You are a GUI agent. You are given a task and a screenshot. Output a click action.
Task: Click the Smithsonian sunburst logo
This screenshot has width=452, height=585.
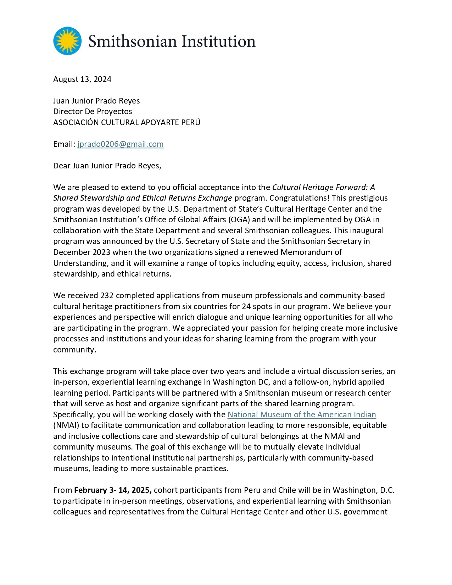tap(67, 41)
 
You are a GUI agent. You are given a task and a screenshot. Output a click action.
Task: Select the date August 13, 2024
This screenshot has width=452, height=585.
tap(82, 79)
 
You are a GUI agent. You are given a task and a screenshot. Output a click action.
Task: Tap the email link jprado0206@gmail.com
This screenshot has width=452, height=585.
tap(121, 144)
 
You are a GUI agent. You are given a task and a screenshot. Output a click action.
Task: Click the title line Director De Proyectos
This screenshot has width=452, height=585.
tap(93, 111)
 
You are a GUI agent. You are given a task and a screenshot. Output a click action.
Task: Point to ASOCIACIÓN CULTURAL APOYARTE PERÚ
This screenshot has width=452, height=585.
tap(127, 122)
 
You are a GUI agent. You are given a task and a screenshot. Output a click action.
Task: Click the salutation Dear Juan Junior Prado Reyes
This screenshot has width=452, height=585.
tap(107, 166)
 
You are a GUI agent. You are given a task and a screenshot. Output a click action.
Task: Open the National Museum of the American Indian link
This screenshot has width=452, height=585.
tap(301, 414)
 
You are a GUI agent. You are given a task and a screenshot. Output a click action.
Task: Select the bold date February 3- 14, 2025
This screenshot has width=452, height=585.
tap(113, 490)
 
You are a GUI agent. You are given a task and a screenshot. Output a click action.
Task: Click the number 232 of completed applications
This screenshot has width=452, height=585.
tap(107, 295)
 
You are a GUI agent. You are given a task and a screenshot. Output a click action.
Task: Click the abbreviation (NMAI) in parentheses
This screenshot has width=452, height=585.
tap(66, 425)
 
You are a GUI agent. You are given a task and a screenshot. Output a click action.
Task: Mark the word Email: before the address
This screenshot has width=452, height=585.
tap(64, 144)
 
